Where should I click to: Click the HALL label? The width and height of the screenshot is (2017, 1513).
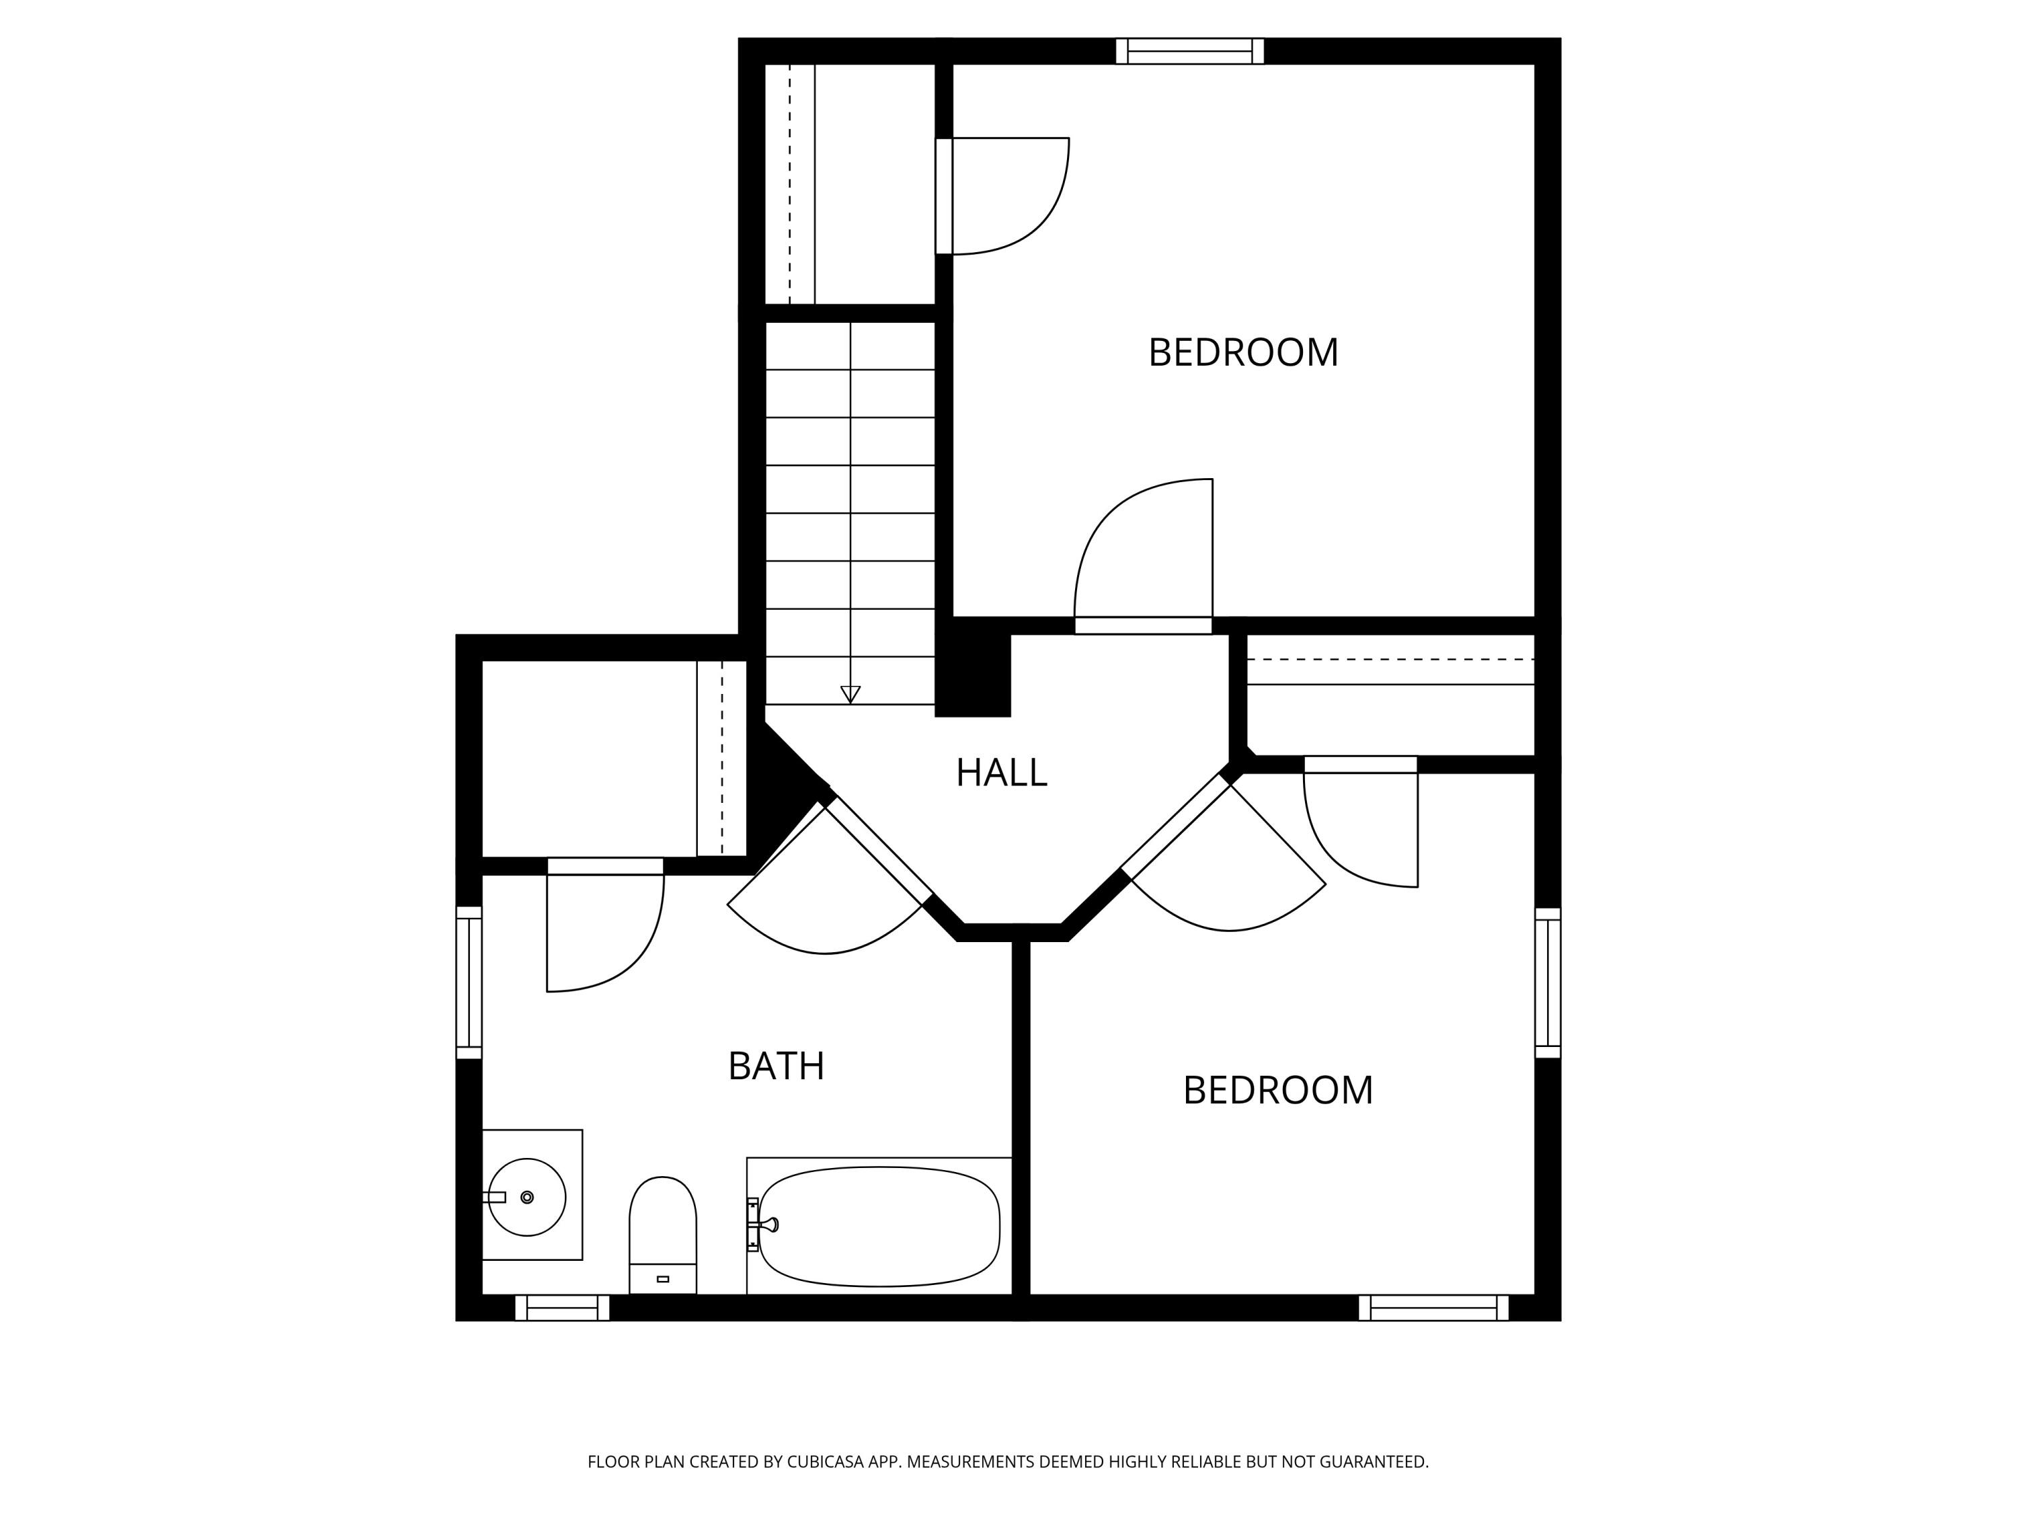1001,773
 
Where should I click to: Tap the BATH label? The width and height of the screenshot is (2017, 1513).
776,1065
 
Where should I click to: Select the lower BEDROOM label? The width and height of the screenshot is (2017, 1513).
1277,1090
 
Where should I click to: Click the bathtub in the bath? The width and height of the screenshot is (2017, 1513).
879,1226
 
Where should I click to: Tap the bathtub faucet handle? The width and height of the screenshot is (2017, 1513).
770,1224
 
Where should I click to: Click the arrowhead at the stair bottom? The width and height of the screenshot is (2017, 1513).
850,694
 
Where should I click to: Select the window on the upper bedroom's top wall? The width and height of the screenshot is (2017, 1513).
1189,51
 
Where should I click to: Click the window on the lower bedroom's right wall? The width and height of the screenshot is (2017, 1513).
1548,982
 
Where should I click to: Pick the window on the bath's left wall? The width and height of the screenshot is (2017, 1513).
469,982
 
